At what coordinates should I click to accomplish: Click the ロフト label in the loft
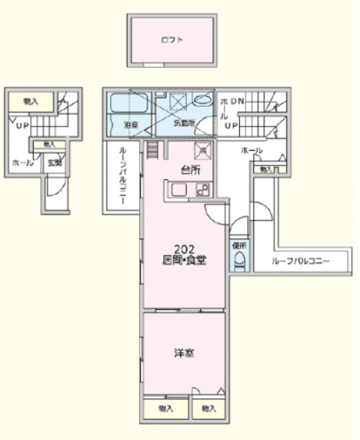pyautogui.click(x=170, y=39)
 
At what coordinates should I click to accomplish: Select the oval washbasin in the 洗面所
pyautogui.click(x=202, y=99)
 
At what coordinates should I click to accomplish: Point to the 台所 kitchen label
pyautogui.click(x=190, y=169)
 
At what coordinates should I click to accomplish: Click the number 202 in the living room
pyautogui.click(x=183, y=248)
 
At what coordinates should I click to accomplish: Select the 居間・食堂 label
pyautogui.click(x=183, y=260)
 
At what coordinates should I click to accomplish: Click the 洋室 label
pyautogui.click(x=183, y=353)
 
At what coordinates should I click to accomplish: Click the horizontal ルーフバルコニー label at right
pyautogui.click(x=301, y=262)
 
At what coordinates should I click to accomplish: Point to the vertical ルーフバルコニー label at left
pyautogui.click(x=122, y=176)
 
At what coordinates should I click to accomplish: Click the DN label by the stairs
pyautogui.click(x=237, y=102)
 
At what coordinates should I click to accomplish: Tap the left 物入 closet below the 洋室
pyautogui.click(x=165, y=408)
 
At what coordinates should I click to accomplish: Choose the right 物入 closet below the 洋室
pyautogui.click(x=208, y=408)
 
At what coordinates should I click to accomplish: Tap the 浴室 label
pyautogui.click(x=131, y=123)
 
